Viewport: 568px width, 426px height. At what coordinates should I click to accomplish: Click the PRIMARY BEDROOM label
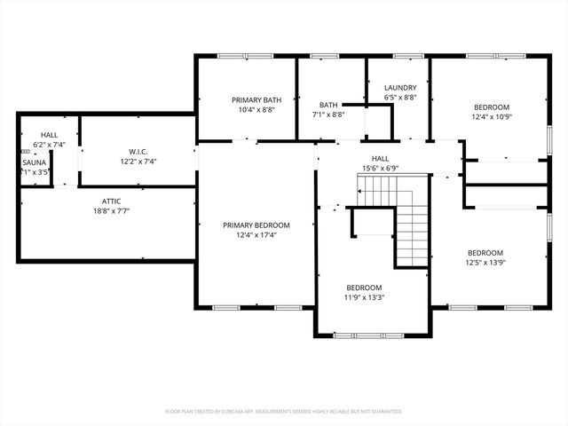[x=256, y=225]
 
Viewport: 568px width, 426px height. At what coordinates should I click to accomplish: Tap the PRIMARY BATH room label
[x=256, y=100]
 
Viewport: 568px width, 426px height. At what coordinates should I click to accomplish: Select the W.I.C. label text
[x=137, y=151]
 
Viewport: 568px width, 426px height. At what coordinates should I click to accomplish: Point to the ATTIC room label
[x=111, y=201]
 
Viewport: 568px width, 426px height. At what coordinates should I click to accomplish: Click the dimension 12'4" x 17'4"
[x=256, y=235]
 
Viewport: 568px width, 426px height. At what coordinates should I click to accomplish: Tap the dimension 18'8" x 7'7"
[x=111, y=211]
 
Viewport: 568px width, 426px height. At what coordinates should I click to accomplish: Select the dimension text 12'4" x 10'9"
[x=491, y=116]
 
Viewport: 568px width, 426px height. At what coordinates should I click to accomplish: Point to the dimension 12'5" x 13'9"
[x=485, y=262]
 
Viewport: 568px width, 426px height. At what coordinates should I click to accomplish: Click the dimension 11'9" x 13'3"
[x=364, y=297]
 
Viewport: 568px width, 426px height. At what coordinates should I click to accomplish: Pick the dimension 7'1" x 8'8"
[x=328, y=114]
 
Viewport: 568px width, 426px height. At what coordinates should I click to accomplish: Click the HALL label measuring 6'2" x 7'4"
[x=49, y=134]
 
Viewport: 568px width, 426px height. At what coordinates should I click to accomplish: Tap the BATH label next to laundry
[x=328, y=104]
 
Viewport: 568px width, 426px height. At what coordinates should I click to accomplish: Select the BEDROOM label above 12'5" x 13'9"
[x=485, y=252]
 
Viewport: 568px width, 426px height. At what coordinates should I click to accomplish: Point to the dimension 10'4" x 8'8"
[x=256, y=110]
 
